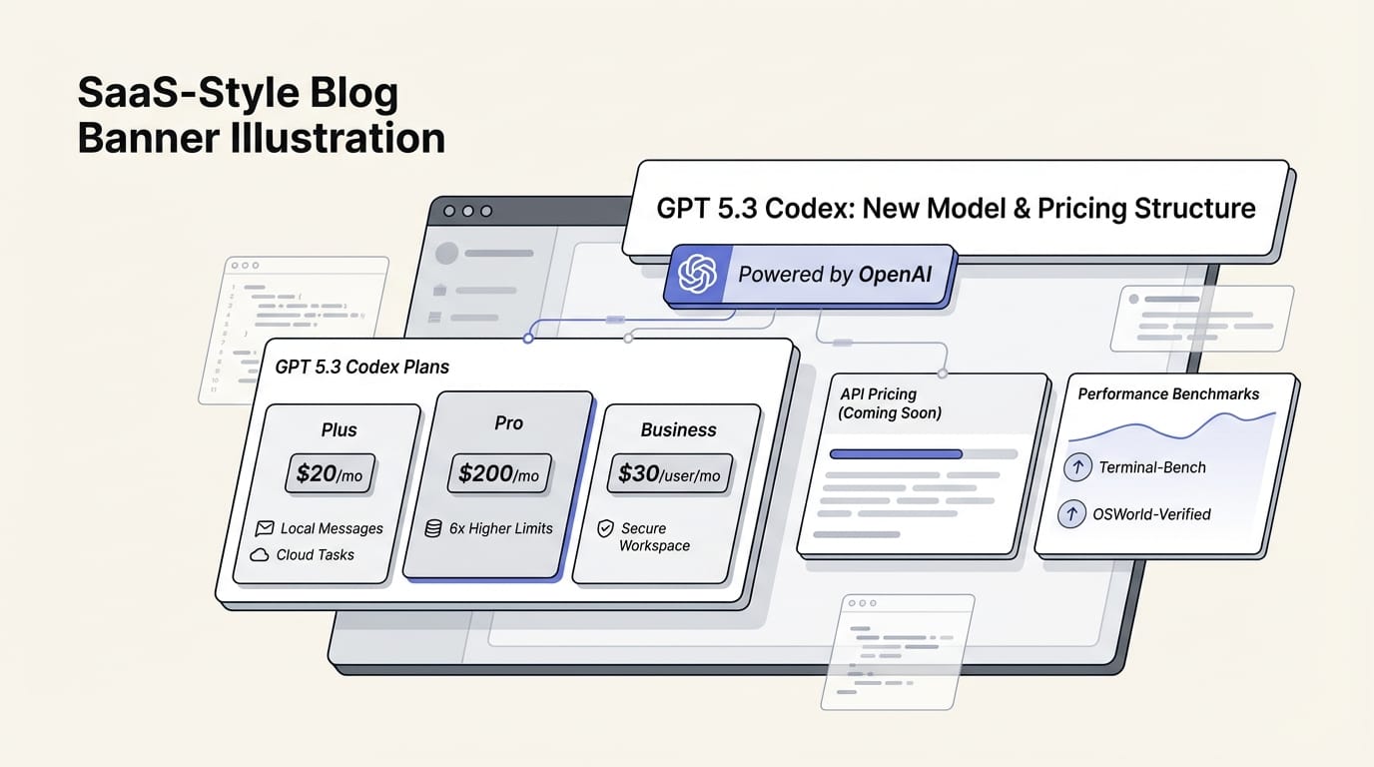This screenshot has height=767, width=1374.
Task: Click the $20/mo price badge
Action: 330,474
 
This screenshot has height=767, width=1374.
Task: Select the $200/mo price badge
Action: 498,473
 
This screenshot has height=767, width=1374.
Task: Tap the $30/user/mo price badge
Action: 669,473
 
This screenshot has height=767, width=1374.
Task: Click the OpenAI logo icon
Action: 697,274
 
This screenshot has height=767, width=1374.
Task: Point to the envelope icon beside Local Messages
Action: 265,528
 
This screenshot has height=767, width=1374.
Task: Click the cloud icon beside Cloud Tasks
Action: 260,554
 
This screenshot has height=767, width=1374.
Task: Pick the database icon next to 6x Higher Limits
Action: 433,528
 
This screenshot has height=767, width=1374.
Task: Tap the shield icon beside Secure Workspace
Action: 605,528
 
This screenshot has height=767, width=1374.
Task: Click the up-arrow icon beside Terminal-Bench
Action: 1077,466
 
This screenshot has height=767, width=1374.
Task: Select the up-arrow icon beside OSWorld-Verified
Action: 1071,514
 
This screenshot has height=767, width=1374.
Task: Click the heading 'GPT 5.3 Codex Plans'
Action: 361,367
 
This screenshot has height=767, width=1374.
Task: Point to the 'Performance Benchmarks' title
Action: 1168,393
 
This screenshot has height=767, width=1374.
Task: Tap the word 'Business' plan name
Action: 678,429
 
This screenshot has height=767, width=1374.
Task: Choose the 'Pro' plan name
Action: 508,422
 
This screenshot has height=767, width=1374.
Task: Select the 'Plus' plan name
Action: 339,429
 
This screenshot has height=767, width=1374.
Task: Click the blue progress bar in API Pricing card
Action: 896,453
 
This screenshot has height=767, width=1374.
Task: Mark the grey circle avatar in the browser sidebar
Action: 446,253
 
